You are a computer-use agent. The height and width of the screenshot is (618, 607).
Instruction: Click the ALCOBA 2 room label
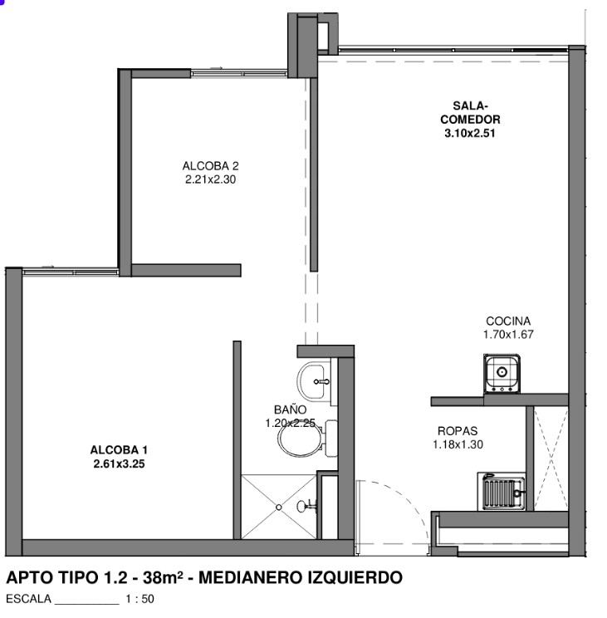click(x=210, y=166)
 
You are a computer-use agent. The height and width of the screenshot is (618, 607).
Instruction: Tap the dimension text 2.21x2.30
click(x=210, y=179)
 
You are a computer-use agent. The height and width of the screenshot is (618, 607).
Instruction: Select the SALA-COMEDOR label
click(x=470, y=112)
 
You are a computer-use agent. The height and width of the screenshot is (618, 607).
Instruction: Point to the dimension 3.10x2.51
click(x=469, y=133)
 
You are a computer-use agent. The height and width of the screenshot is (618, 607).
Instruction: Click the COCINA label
click(x=508, y=321)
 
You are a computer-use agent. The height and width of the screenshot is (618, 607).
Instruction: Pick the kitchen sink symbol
click(x=502, y=374)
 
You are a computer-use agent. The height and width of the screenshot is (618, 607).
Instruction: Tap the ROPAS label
click(x=458, y=431)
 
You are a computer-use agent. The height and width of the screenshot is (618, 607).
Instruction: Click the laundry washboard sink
click(x=502, y=492)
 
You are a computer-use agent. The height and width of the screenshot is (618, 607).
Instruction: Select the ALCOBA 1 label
click(x=119, y=449)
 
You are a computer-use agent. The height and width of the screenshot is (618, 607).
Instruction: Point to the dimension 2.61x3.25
click(x=119, y=463)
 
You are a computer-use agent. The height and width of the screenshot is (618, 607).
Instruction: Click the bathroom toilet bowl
click(x=307, y=439)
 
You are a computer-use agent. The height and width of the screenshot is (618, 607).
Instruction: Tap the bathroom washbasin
click(x=314, y=381)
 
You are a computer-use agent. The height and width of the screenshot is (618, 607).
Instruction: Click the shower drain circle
click(x=278, y=508)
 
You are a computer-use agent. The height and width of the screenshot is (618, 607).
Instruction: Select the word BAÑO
click(x=290, y=410)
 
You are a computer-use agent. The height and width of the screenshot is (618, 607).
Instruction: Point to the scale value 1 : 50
click(x=140, y=599)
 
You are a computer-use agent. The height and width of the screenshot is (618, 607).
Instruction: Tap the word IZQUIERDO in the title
click(x=354, y=578)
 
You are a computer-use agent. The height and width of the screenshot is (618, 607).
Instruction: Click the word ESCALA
click(x=28, y=599)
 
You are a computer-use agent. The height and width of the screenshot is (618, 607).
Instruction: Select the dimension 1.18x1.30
click(x=458, y=444)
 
